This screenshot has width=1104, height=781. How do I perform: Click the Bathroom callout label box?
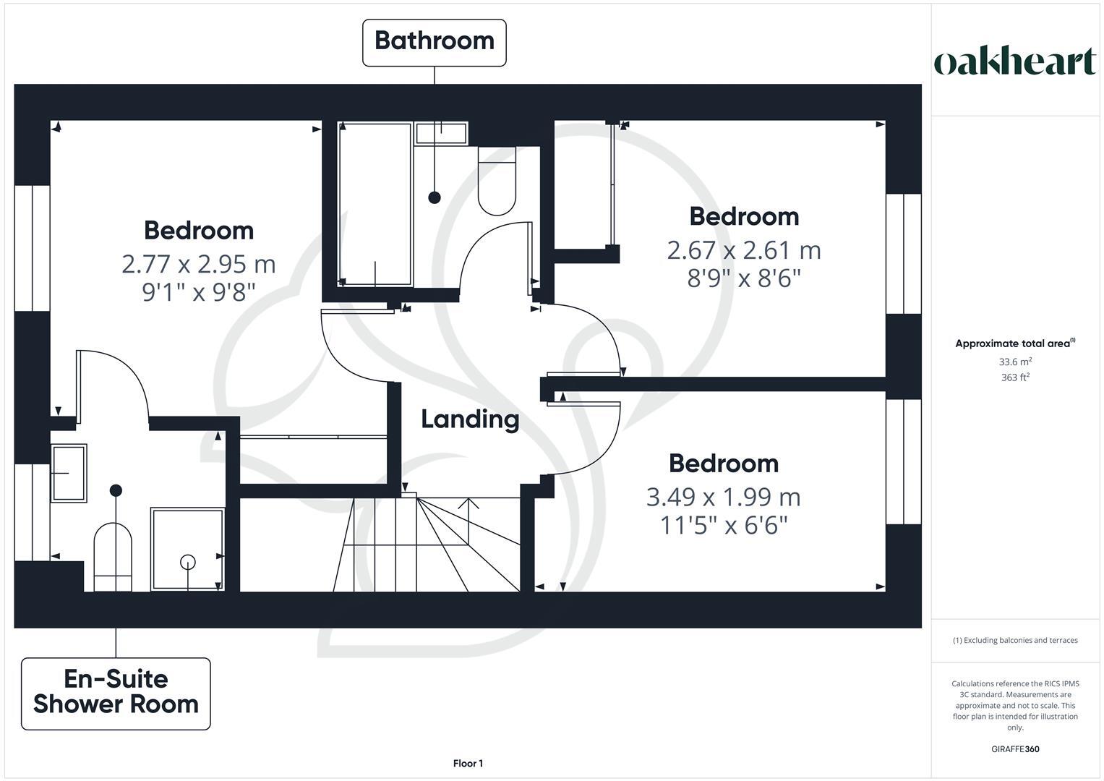[x=434, y=42]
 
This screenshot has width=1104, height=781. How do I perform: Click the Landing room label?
[x=470, y=419]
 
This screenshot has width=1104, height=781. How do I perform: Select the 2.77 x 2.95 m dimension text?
[x=199, y=264]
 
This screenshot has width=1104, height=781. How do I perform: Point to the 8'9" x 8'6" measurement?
[x=744, y=278]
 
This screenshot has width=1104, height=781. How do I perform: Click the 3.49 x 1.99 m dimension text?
[x=723, y=498]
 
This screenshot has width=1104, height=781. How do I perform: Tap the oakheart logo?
[x=1015, y=62]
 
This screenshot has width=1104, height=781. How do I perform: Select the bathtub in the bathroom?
[x=375, y=204]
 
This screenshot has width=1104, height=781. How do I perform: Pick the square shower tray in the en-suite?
[x=187, y=550]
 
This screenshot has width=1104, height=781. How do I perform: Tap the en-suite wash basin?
[x=69, y=473]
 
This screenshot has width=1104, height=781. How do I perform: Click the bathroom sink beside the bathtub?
[x=441, y=133]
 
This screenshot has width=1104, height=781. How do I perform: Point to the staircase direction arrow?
[x=468, y=521]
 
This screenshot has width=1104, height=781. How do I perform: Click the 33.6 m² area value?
[x=1015, y=362]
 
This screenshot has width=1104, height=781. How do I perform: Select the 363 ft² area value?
[x=1015, y=377]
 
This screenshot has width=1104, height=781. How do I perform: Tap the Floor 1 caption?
[x=468, y=764]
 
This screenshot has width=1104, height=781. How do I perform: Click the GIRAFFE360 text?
[x=1015, y=749]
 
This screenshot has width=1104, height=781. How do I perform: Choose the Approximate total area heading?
[x=1014, y=343]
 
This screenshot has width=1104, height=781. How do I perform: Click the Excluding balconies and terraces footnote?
[x=1015, y=640]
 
